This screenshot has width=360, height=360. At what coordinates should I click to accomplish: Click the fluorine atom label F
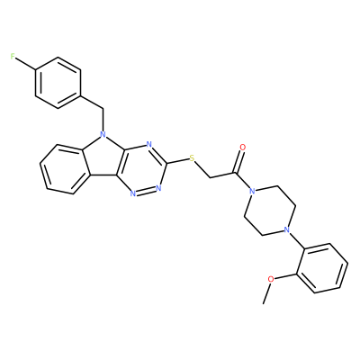(13, 57)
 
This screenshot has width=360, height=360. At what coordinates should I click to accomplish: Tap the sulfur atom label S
(192, 158)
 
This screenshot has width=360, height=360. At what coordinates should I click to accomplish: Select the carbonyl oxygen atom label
(243, 148)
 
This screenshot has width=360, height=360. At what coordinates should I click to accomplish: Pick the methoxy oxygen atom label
(271, 279)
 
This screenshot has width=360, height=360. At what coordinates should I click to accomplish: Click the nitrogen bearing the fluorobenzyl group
(103, 135)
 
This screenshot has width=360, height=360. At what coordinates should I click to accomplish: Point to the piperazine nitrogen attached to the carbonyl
(252, 191)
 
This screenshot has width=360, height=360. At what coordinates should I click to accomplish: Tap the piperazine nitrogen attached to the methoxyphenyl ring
(286, 230)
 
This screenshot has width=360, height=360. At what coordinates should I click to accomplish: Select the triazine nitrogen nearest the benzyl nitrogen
(148, 144)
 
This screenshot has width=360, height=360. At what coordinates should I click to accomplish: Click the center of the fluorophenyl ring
(58, 83)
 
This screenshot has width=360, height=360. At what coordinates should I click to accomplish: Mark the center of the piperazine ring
(269, 211)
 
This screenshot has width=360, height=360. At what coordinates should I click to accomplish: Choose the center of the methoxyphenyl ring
(321, 268)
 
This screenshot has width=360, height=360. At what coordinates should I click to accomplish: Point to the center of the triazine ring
(142, 169)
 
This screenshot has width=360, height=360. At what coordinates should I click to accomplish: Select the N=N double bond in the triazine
(145, 192)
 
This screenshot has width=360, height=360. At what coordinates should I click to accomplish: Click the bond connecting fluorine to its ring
(25, 63)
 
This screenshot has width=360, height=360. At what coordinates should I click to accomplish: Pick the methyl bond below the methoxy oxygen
(266, 293)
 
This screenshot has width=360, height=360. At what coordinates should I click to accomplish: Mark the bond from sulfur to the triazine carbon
(178, 161)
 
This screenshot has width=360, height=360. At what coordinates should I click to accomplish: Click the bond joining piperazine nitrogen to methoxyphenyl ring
(295, 241)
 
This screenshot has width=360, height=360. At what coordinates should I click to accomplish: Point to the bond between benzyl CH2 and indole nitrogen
(103, 120)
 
